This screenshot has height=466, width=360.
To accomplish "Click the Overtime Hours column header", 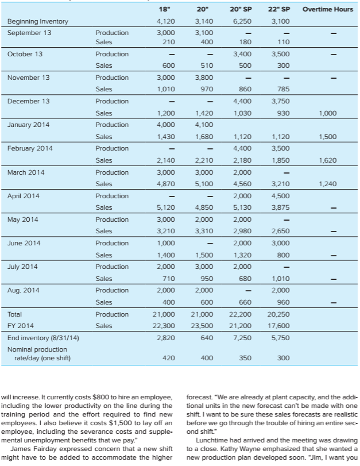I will (x=328, y=9).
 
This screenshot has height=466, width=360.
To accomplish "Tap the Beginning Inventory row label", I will (x=37, y=21).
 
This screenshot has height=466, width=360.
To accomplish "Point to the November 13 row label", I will (x=28, y=77).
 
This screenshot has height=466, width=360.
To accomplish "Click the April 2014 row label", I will (x=24, y=195).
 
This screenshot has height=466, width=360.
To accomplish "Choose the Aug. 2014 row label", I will (x=23, y=290).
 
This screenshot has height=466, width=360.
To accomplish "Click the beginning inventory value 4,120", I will (x=166, y=21).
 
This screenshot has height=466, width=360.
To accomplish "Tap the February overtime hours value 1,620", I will (x=327, y=160).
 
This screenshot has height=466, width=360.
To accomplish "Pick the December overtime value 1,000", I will (x=327, y=113).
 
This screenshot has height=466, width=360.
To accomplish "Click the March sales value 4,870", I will (x=166, y=184).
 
